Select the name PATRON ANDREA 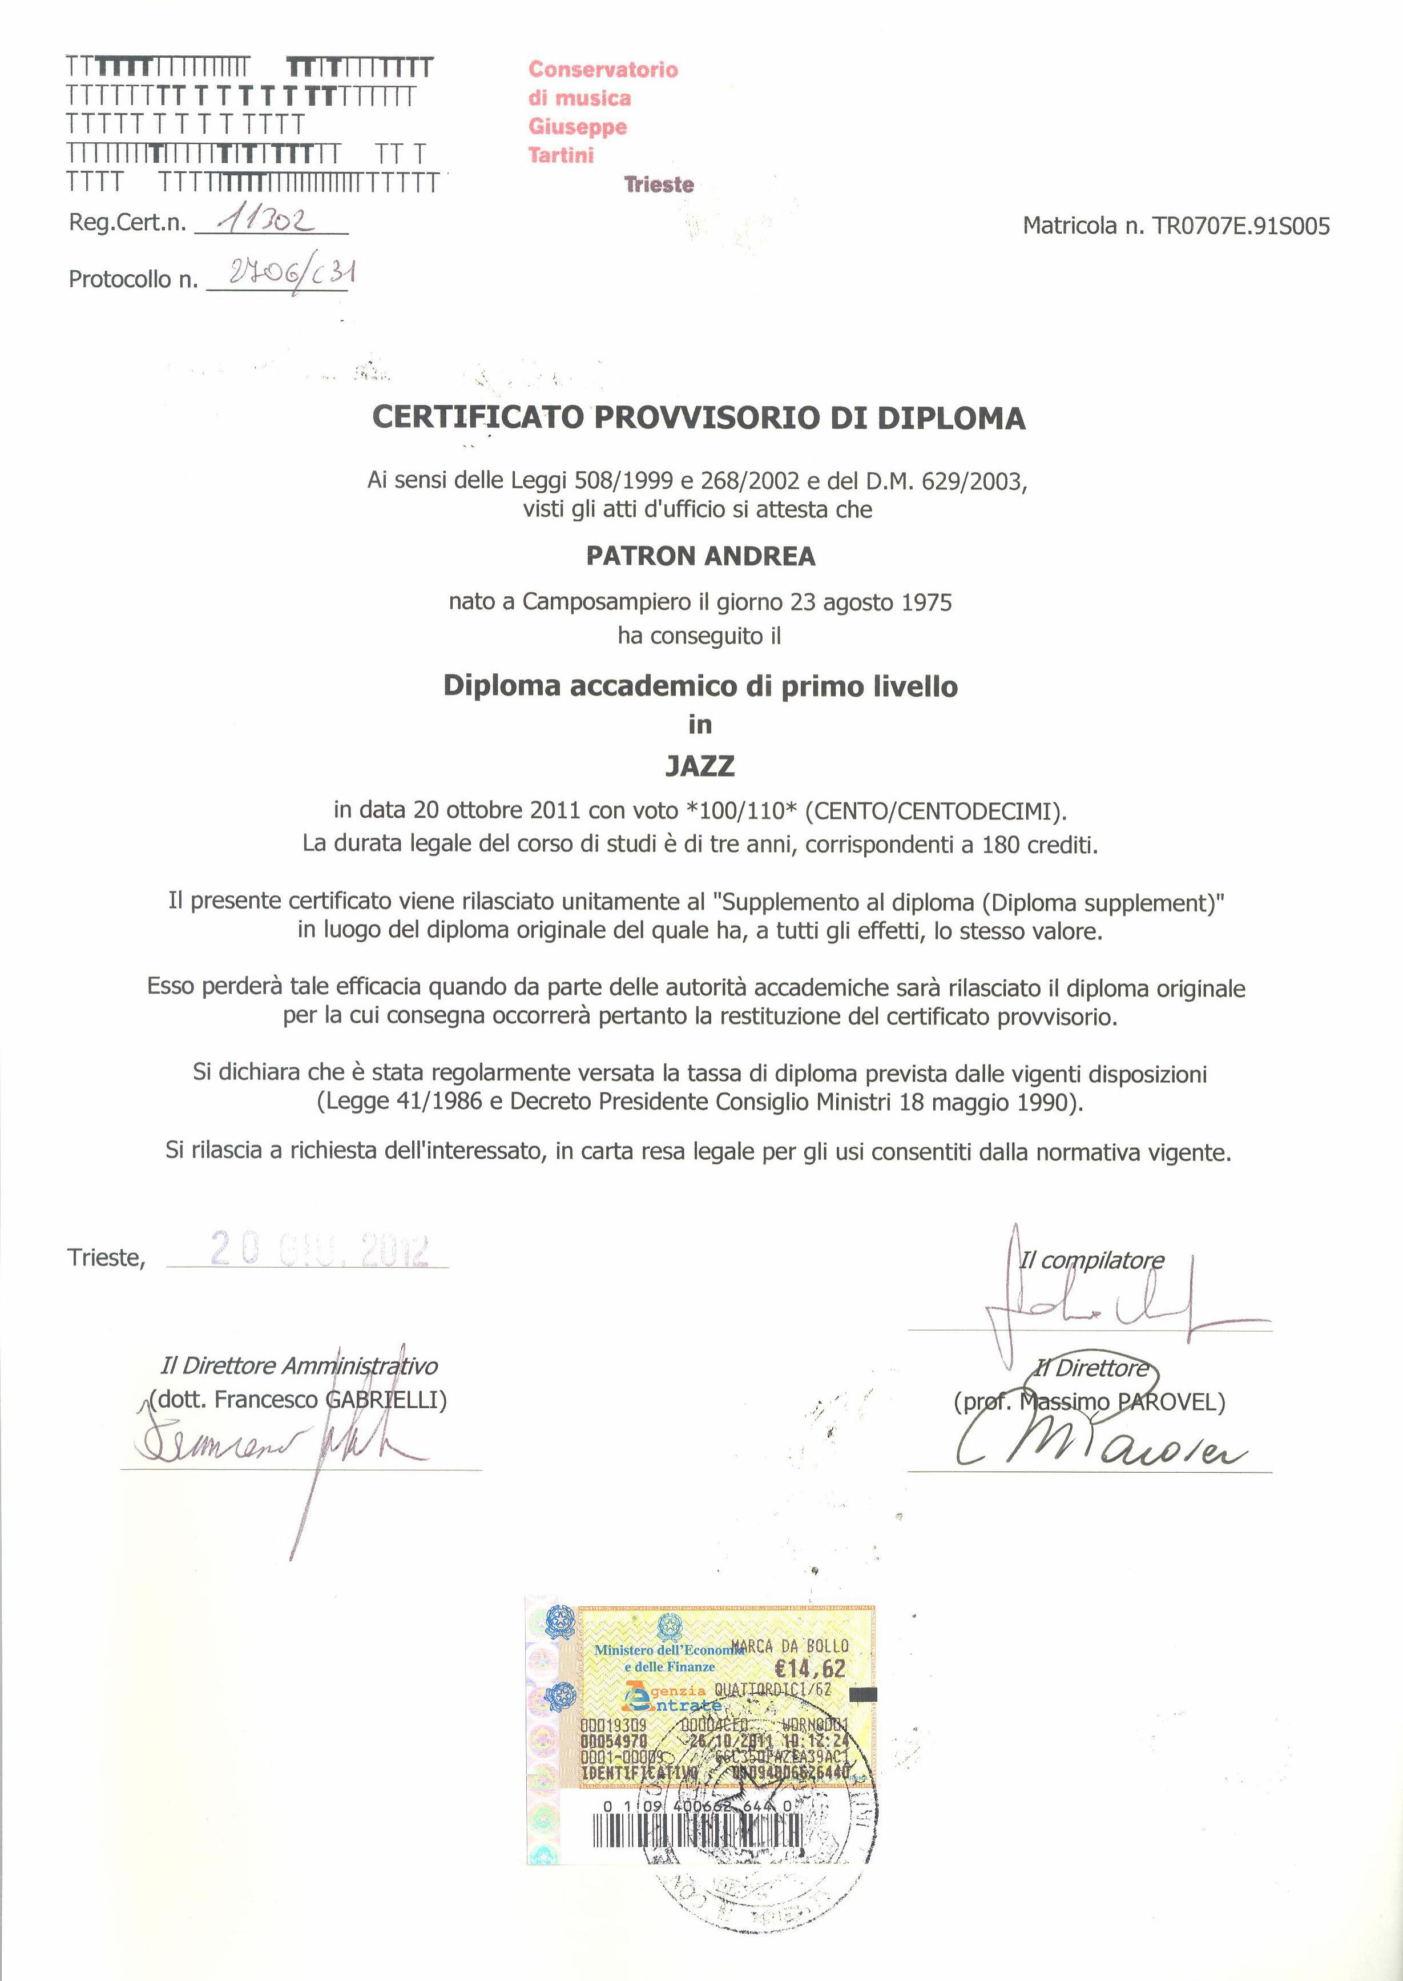click(x=700, y=556)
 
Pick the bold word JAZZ click(x=700, y=766)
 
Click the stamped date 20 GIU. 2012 click(x=319, y=1250)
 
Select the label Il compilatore click(x=1092, y=1260)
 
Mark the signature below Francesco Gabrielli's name click(x=276, y=1445)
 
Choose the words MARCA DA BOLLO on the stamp click(x=789, y=1646)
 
